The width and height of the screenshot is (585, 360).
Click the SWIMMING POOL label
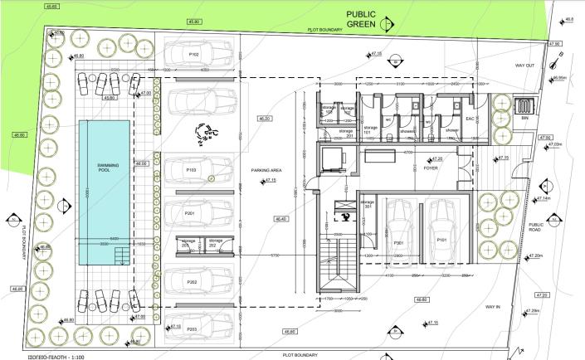(x=105, y=166)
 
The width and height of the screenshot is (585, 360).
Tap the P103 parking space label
(x=190, y=169)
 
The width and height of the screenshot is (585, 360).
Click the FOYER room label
(x=431, y=167)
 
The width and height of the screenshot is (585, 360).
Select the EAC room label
(x=469, y=119)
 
